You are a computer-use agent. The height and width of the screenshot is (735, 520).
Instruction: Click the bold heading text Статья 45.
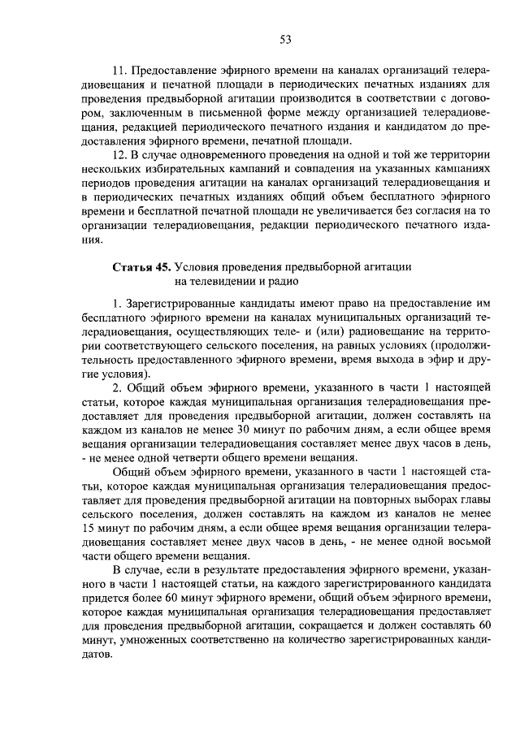tap(139, 266)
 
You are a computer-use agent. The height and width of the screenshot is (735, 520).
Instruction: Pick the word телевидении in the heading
tap(200, 281)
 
